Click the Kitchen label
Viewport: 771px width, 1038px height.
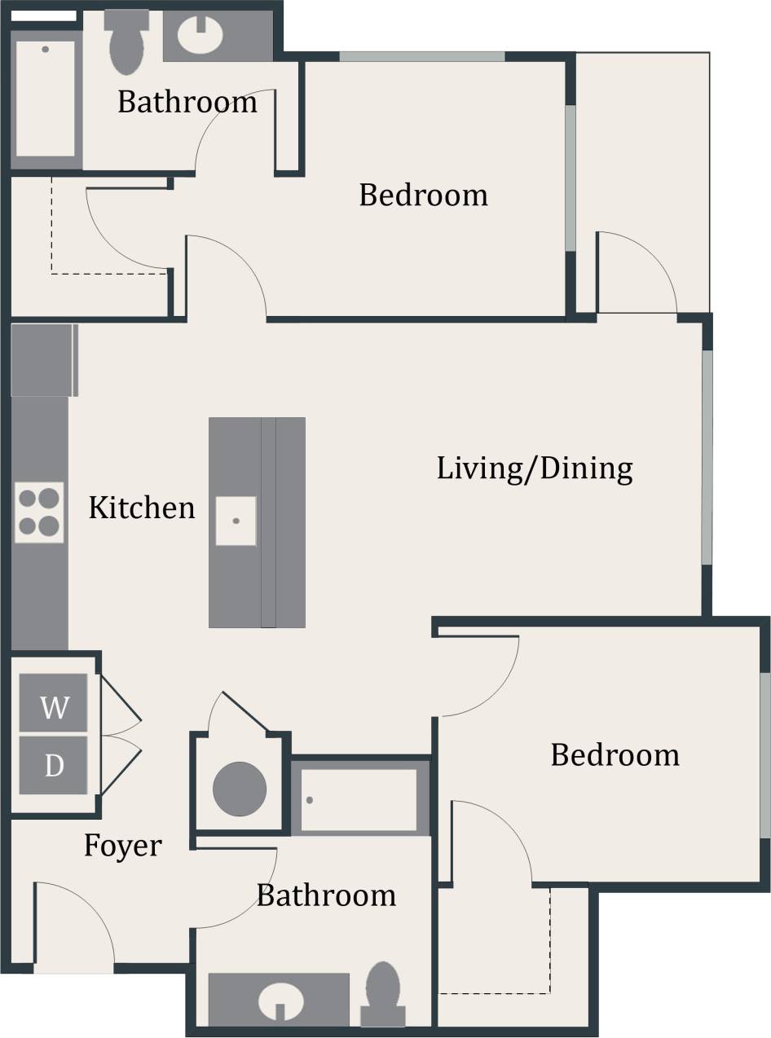coord(142,508)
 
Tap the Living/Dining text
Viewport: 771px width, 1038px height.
coord(535,469)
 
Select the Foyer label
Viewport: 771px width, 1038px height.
coord(123,847)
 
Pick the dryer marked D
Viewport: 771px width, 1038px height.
coord(54,766)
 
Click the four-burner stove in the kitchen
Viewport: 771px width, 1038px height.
coord(39,512)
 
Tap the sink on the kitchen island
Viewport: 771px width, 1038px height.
coord(236,521)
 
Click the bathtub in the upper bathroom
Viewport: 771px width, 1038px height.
coord(46,98)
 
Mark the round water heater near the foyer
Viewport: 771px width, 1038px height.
coord(240,789)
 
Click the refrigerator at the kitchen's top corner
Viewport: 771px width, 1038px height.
coord(44,360)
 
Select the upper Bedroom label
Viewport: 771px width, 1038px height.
coord(423,196)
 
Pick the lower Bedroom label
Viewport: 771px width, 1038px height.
coord(615,755)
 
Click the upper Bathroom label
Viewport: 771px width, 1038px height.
coord(187,103)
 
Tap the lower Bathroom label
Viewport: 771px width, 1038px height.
coord(326,895)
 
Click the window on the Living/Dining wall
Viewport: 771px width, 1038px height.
coord(707,456)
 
